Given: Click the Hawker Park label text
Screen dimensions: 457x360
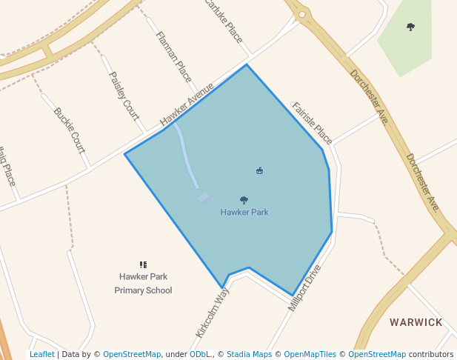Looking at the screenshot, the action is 244,213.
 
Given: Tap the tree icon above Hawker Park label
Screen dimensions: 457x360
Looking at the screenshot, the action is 244,200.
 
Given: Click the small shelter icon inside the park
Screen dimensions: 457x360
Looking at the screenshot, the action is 259,171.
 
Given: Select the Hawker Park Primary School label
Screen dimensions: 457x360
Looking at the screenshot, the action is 143,284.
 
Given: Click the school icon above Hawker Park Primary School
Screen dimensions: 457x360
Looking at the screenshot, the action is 143,264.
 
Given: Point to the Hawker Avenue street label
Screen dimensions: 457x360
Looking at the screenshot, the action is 187,105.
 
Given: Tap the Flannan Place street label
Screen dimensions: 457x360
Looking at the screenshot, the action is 173,56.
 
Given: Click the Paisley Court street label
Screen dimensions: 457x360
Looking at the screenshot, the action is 124,95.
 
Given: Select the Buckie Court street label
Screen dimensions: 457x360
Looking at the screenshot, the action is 70,130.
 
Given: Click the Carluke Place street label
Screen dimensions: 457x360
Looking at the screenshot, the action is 223,20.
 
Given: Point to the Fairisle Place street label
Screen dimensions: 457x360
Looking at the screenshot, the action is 312,123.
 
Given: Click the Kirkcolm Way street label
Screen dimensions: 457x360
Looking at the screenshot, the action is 213,313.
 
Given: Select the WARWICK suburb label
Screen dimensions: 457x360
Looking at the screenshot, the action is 416,322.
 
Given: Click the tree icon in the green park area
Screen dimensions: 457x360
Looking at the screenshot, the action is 410,27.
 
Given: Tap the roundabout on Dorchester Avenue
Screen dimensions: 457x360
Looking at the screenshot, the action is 301,13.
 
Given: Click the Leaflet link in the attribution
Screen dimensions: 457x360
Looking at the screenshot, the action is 41,354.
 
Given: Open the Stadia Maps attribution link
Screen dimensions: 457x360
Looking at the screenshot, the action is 249,354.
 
